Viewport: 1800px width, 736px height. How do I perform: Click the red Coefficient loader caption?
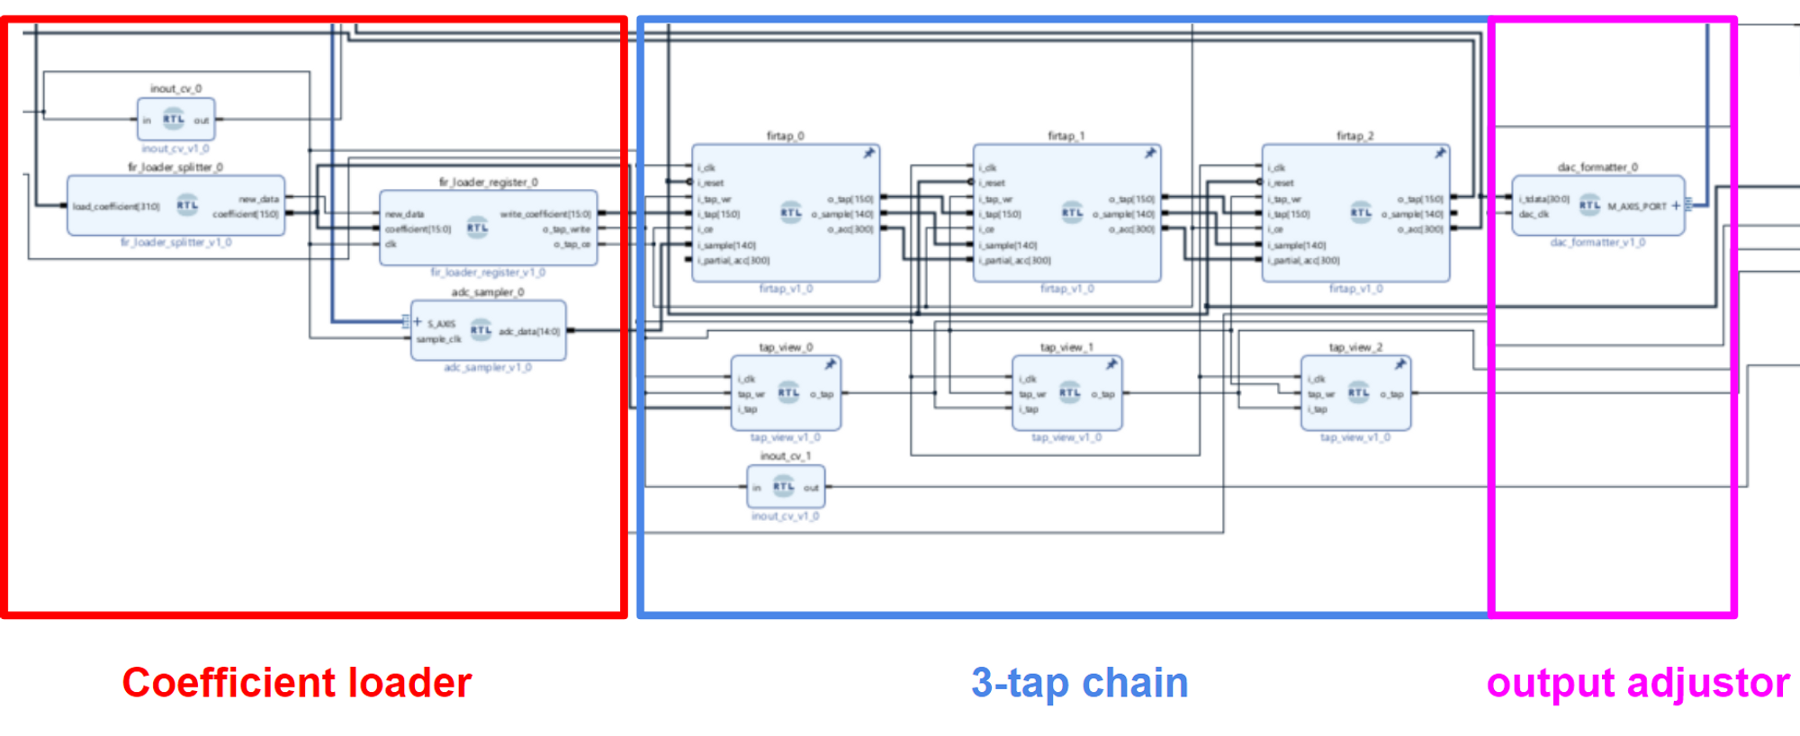296,683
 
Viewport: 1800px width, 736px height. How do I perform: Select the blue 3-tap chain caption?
1079,683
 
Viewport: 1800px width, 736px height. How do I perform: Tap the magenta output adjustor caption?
1638,683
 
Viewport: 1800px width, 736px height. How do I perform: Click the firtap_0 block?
786,214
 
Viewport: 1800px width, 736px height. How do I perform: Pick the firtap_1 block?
1066,214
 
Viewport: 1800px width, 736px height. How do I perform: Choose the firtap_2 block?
1355,214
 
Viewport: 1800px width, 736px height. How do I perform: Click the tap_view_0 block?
786,393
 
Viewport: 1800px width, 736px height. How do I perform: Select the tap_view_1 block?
1066,393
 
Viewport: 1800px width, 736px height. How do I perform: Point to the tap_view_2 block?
1355,393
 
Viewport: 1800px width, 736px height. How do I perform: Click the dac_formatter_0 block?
1597,206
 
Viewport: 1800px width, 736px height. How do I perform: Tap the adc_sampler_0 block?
488,330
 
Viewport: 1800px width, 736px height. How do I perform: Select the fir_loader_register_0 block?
488,228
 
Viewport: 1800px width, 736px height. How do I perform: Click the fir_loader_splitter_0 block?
175,206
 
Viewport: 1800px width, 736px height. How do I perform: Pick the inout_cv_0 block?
175,120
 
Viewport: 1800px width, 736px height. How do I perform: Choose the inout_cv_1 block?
786,487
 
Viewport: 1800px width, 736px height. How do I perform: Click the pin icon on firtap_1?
1149,153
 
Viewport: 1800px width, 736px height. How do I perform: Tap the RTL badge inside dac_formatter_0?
1589,205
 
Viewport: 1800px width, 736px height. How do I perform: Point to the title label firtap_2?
1354,136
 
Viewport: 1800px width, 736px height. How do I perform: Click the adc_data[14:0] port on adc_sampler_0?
529,331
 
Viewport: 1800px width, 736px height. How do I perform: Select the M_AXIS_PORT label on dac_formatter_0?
1637,206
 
